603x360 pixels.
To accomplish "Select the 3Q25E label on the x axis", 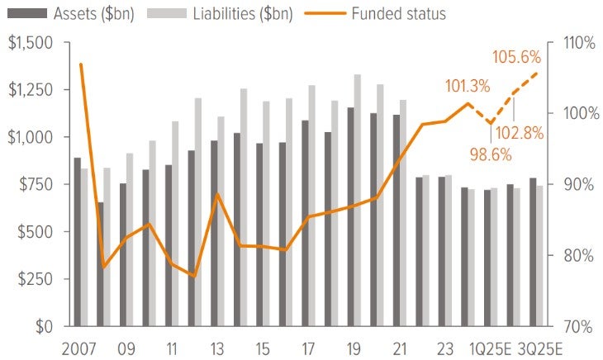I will click(x=538, y=347).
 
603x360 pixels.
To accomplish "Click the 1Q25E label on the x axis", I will click(x=493, y=347).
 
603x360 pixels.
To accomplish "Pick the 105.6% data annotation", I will click(x=517, y=58).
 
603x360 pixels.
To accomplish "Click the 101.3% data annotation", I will click(x=467, y=86).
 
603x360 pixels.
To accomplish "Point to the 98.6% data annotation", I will click(x=491, y=154).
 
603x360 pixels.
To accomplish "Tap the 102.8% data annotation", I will click(x=521, y=133).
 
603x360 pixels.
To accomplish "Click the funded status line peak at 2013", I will click(x=216, y=194).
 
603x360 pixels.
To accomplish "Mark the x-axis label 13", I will click(x=216, y=347).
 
